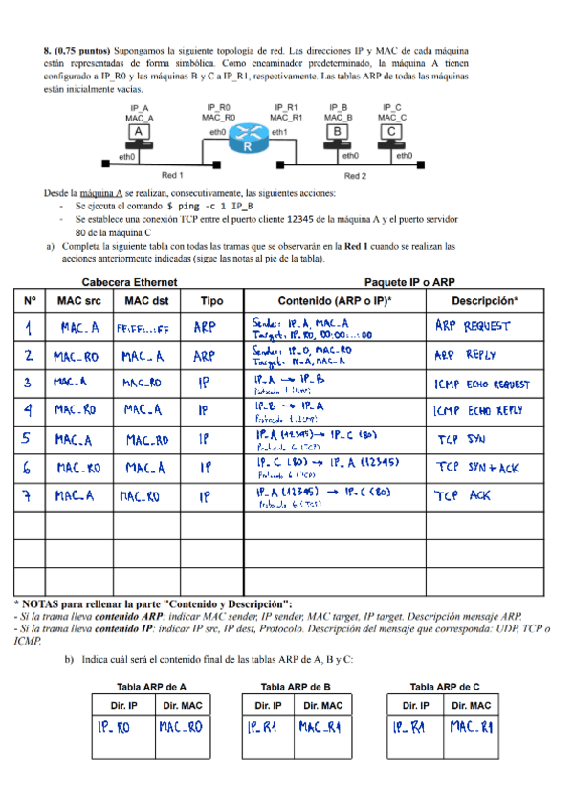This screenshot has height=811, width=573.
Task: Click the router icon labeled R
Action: pyautogui.click(x=247, y=139)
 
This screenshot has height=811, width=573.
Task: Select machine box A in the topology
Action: pyautogui.click(x=140, y=130)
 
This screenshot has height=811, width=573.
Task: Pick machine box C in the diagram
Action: pyautogui.click(x=390, y=130)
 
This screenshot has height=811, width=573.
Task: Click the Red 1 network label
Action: pyautogui.click(x=172, y=175)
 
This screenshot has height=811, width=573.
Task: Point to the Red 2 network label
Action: pyautogui.click(x=355, y=175)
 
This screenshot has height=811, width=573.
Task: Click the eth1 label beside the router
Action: pyautogui.click(x=279, y=131)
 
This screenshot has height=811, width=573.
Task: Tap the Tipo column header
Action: pyautogui.click(x=211, y=300)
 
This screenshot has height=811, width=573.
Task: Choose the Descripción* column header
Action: pyautogui.click(x=484, y=300)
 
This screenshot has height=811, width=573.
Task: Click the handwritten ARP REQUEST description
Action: pyautogui.click(x=475, y=326)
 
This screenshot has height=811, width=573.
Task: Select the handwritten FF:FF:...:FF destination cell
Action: pyautogui.click(x=143, y=328)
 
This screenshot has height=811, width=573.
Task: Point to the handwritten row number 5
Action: pyautogui.click(x=31, y=440)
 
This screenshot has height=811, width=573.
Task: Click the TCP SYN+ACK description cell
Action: pyautogui.click(x=475, y=469)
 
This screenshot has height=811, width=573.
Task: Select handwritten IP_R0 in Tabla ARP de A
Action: pyautogui.click(x=114, y=728)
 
